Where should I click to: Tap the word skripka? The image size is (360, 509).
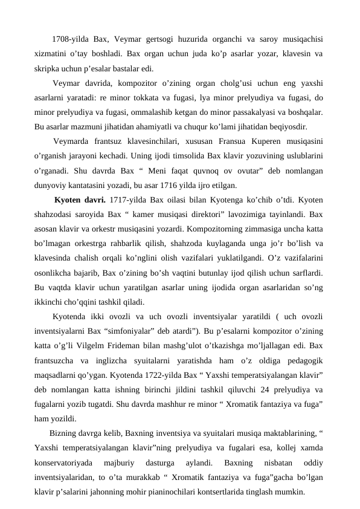coord(48,68)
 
